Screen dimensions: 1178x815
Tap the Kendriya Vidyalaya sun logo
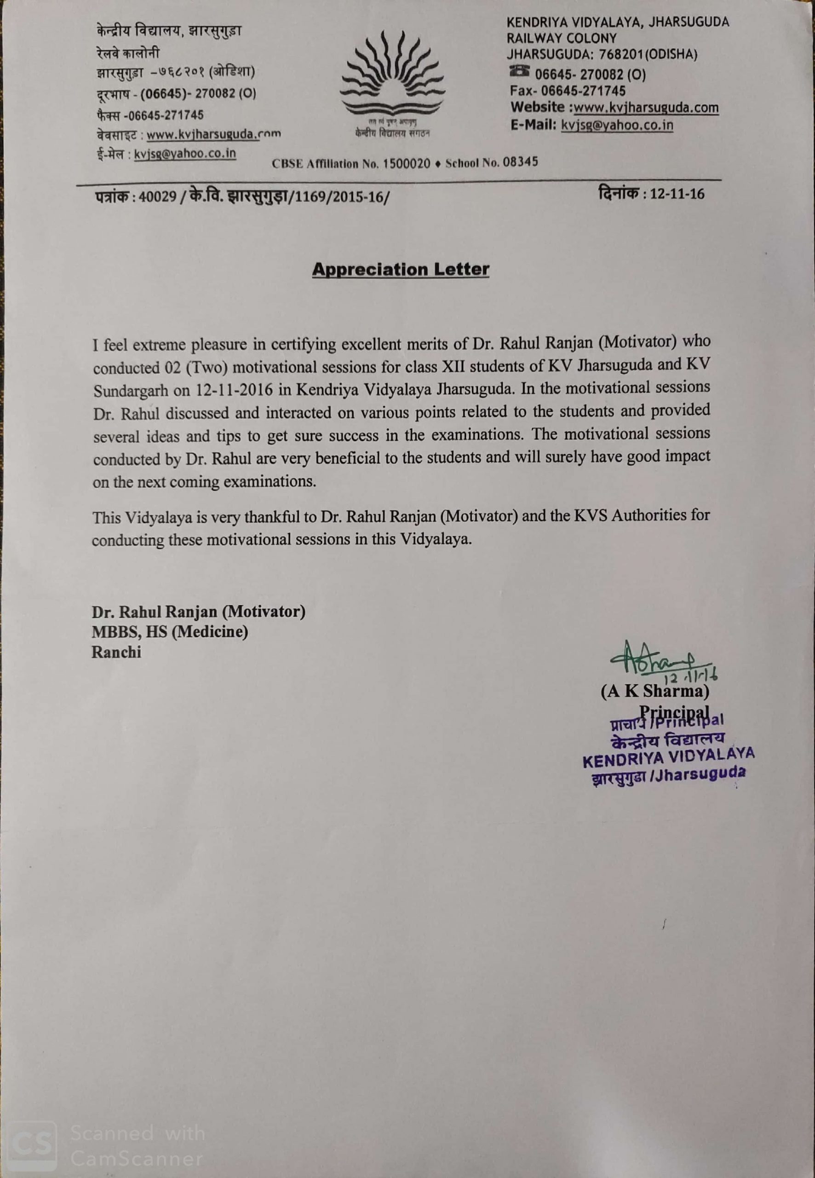pyautogui.click(x=392, y=77)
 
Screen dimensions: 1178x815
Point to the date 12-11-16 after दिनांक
pyautogui.click(x=677, y=194)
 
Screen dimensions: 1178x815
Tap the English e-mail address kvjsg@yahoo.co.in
pyautogui.click(x=617, y=125)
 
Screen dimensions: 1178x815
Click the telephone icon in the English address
pyautogui.click(x=519, y=71)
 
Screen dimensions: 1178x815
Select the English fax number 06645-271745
pyautogui.click(x=583, y=91)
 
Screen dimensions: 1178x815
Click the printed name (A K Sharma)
pyautogui.click(x=654, y=692)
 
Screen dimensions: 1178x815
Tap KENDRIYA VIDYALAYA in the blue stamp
pyautogui.click(x=668, y=757)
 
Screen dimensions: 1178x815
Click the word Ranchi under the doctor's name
pyautogui.click(x=116, y=653)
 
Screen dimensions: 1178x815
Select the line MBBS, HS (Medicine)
pyautogui.click(x=170, y=632)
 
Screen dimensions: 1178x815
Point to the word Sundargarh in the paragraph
pyautogui.click(x=131, y=391)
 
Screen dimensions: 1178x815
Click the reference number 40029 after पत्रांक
pyautogui.click(x=157, y=196)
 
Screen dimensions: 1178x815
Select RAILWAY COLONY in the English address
pyautogui.click(x=562, y=38)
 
